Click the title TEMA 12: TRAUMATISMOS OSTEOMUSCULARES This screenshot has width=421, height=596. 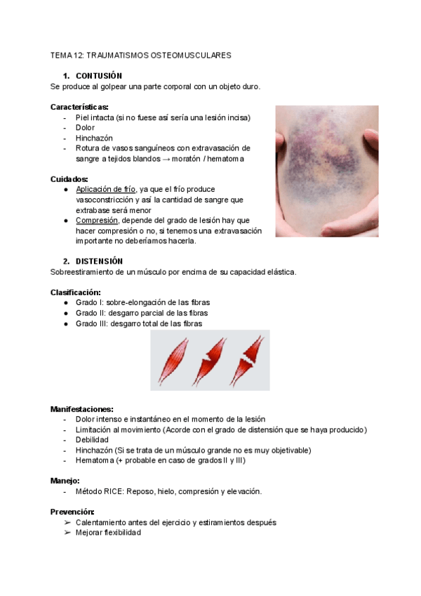[x=141, y=55]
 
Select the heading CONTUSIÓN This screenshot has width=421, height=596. [x=99, y=76]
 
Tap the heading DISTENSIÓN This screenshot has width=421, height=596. [x=99, y=261]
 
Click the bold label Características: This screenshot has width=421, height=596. [x=79, y=107]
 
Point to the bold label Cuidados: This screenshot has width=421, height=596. [x=69, y=179]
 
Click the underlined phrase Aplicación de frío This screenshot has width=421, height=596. [x=106, y=190]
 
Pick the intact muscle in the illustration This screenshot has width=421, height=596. [x=173, y=361]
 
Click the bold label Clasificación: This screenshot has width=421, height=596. [x=75, y=292]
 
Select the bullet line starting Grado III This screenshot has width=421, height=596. [x=138, y=323]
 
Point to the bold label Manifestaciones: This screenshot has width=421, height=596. [x=82, y=409]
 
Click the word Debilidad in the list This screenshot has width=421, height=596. [x=92, y=440]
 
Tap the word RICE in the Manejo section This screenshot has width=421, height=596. [x=114, y=491]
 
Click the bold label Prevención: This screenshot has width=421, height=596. [x=72, y=512]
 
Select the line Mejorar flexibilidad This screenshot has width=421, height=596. [x=108, y=533]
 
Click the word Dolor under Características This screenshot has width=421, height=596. [x=85, y=128]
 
